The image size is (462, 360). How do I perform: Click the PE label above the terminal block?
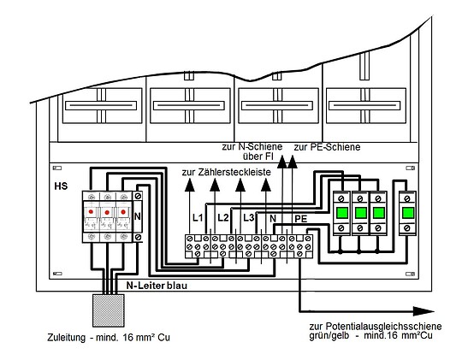pyautogui.click(x=300, y=220)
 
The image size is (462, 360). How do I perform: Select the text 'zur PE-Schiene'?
pyautogui.click(x=328, y=147)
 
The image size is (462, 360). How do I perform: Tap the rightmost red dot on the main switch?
pyautogui.click(x=123, y=210)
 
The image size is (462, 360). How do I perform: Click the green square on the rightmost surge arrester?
pyautogui.click(x=408, y=213)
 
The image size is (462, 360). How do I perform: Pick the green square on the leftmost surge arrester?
pyautogui.click(x=341, y=213)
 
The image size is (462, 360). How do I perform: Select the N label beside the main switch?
pyautogui.click(x=139, y=216)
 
